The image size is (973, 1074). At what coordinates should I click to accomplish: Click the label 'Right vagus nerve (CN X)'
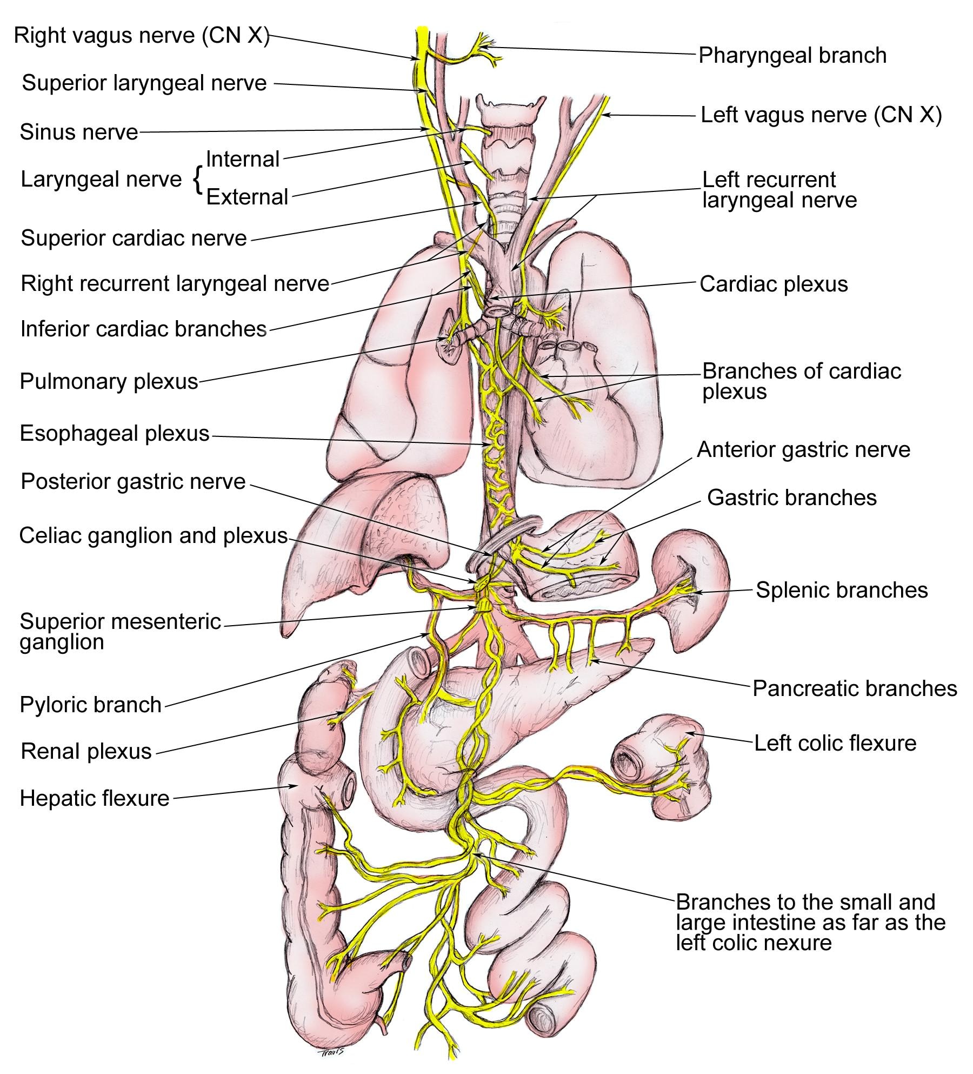tap(142, 36)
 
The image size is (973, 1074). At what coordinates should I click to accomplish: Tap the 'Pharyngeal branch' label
tap(792, 56)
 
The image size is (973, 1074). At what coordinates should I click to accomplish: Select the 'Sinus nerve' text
tap(79, 132)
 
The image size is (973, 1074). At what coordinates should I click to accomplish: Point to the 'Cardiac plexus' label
tap(774, 284)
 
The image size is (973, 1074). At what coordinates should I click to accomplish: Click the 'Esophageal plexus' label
tap(115, 434)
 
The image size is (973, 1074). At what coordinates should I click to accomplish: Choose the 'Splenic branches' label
tap(842, 590)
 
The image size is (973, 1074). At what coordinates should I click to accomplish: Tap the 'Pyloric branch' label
tap(91, 705)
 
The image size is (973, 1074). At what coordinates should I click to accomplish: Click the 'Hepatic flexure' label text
tap(95, 799)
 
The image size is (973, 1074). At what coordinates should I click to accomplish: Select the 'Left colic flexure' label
tap(835, 744)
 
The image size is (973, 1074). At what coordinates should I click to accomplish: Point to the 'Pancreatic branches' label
tap(855, 689)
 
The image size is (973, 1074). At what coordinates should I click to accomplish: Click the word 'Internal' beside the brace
tap(243, 160)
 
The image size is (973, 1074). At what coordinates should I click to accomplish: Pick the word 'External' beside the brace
tap(247, 197)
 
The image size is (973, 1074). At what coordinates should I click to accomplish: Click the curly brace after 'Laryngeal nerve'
tap(198, 180)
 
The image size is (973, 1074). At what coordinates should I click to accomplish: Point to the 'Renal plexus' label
tap(86, 752)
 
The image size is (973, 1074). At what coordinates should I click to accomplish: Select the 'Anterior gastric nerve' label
tap(803, 450)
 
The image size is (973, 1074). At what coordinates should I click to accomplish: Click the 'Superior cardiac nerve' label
tap(134, 238)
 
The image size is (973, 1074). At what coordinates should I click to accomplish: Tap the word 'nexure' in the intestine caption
tap(797, 943)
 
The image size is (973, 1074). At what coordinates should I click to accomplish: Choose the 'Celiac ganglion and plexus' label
tap(153, 536)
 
